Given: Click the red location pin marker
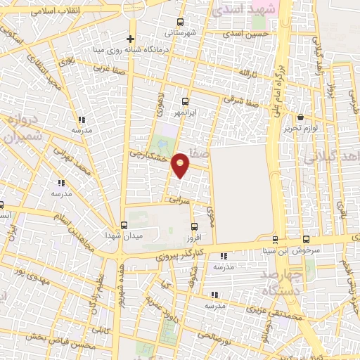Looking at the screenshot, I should coord(181,165).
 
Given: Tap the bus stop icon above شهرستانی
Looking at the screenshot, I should coord(181,21).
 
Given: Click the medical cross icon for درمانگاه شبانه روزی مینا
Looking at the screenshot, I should coord(130,39).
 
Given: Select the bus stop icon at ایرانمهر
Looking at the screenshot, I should coord(185,101).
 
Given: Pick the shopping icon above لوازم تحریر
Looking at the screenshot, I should coord(302,117).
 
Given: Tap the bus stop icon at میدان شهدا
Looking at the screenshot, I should coord(124,225).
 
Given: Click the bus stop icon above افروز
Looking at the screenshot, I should coord(195,225).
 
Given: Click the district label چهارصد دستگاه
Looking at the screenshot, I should coord(281,282).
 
